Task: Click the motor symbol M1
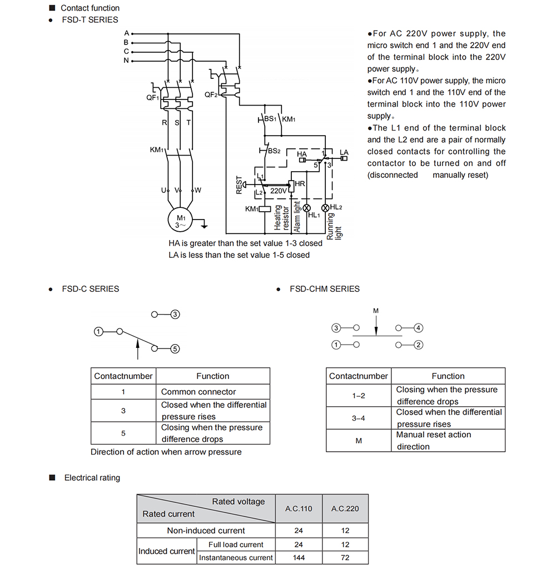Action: coord(180,220)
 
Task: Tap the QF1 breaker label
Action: coord(152,97)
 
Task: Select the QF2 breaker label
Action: coord(211,94)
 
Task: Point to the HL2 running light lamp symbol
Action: coord(325,207)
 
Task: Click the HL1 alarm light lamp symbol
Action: coord(306,208)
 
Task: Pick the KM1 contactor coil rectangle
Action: coord(265,209)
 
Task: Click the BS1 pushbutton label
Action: coord(270,119)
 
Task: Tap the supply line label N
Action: coord(126,61)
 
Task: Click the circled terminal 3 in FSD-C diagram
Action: coord(175,315)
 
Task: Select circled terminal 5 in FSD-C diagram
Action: coord(175,349)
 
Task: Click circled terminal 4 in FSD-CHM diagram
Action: coord(418,328)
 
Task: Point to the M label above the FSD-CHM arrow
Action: coord(376,311)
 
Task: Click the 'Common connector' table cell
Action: coord(213,392)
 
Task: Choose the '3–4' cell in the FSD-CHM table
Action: coord(359,418)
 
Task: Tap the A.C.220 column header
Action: coord(345,509)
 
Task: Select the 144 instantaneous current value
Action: coord(299,557)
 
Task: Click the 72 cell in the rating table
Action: coord(345,557)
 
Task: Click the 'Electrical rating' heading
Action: coord(92,478)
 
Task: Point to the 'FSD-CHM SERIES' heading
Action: coord(325,289)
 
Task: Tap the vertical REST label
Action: coord(239,185)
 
